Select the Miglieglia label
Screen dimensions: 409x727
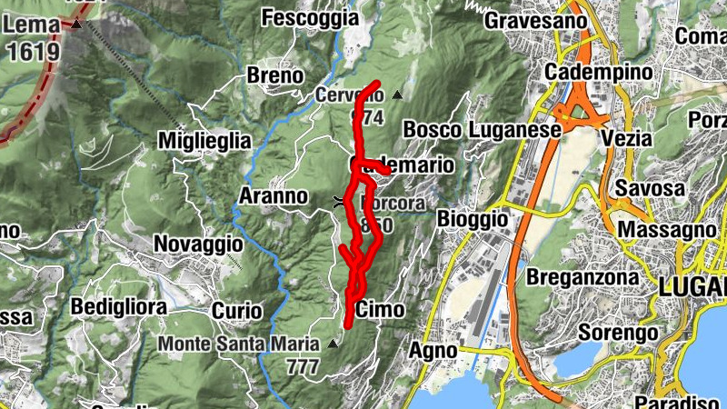click(204, 140)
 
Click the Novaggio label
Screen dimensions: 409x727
click(197, 244)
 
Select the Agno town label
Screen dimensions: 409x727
click(432, 349)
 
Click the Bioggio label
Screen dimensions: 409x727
click(472, 219)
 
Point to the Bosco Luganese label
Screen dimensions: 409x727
click(482, 129)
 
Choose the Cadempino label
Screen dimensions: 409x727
click(599, 72)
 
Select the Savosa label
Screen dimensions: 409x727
click(649, 187)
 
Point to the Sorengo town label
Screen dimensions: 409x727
click(617, 334)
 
